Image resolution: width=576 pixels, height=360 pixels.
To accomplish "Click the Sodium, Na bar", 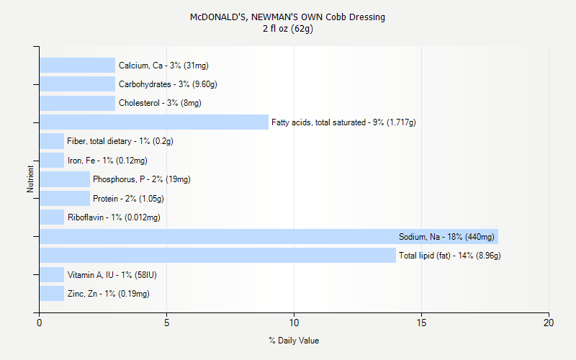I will [269, 236].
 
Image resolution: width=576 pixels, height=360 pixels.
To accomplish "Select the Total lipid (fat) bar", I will [217, 256].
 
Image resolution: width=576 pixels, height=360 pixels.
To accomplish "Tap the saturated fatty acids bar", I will [154, 122].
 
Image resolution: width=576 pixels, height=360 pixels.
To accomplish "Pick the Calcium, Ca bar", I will [77, 66].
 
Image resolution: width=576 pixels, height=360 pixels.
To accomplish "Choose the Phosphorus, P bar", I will [65, 179].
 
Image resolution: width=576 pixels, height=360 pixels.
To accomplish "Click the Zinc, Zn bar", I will [52, 293].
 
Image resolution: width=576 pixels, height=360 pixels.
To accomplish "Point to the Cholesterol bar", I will [77, 103].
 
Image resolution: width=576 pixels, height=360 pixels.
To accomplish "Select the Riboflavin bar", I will [52, 217].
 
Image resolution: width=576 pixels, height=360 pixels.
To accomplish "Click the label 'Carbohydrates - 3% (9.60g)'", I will [168, 84].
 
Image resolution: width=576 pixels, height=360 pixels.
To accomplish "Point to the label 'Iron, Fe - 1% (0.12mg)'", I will [107, 161].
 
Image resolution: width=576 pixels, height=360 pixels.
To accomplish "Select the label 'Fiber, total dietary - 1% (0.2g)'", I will [120, 141].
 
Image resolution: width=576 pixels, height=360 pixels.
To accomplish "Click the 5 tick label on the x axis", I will [166, 323].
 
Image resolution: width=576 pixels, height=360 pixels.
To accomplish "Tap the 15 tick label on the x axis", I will [421, 323].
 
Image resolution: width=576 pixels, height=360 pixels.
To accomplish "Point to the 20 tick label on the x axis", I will [549, 323].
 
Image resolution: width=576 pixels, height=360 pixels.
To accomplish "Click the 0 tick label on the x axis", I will [40, 323].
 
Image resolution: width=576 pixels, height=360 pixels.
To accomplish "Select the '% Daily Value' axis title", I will [294, 341].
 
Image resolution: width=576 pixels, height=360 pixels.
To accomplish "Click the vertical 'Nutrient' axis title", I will [30, 179].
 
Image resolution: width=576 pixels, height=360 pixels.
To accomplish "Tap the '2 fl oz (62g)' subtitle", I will [288, 29].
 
